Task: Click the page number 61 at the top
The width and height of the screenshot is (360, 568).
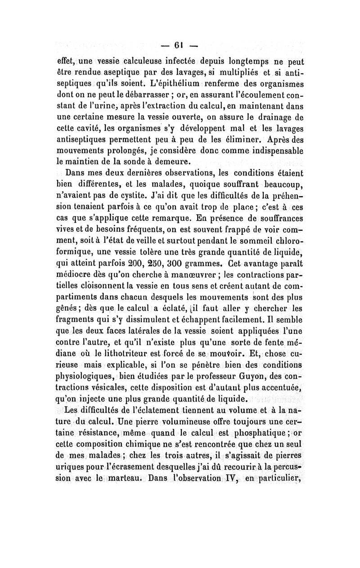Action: [180, 45]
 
